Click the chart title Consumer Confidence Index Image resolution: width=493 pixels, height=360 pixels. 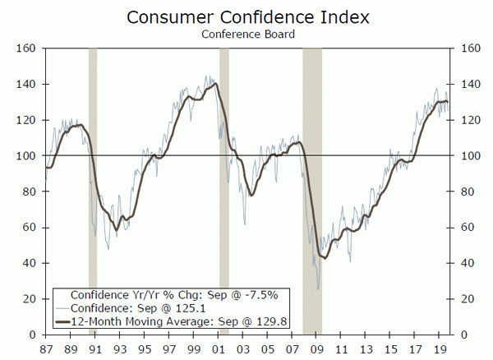pyautogui.click(x=246, y=17)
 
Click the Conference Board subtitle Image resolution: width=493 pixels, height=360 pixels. pyautogui.click(x=246, y=35)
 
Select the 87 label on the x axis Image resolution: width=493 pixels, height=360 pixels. pyautogui.click(x=44, y=348)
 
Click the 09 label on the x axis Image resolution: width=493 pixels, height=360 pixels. pyautogui.click(x=316, y=348)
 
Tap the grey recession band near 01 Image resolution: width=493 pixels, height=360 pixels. pyautogui.click(x=224, y=164)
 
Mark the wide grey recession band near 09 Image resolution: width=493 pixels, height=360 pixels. pyautogui.click(x=312, y=164)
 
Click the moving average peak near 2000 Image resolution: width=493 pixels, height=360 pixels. pyautogui.click(x=215, y=84)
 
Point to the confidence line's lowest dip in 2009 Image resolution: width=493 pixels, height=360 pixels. pyautogui.click(x=318, y=289)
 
